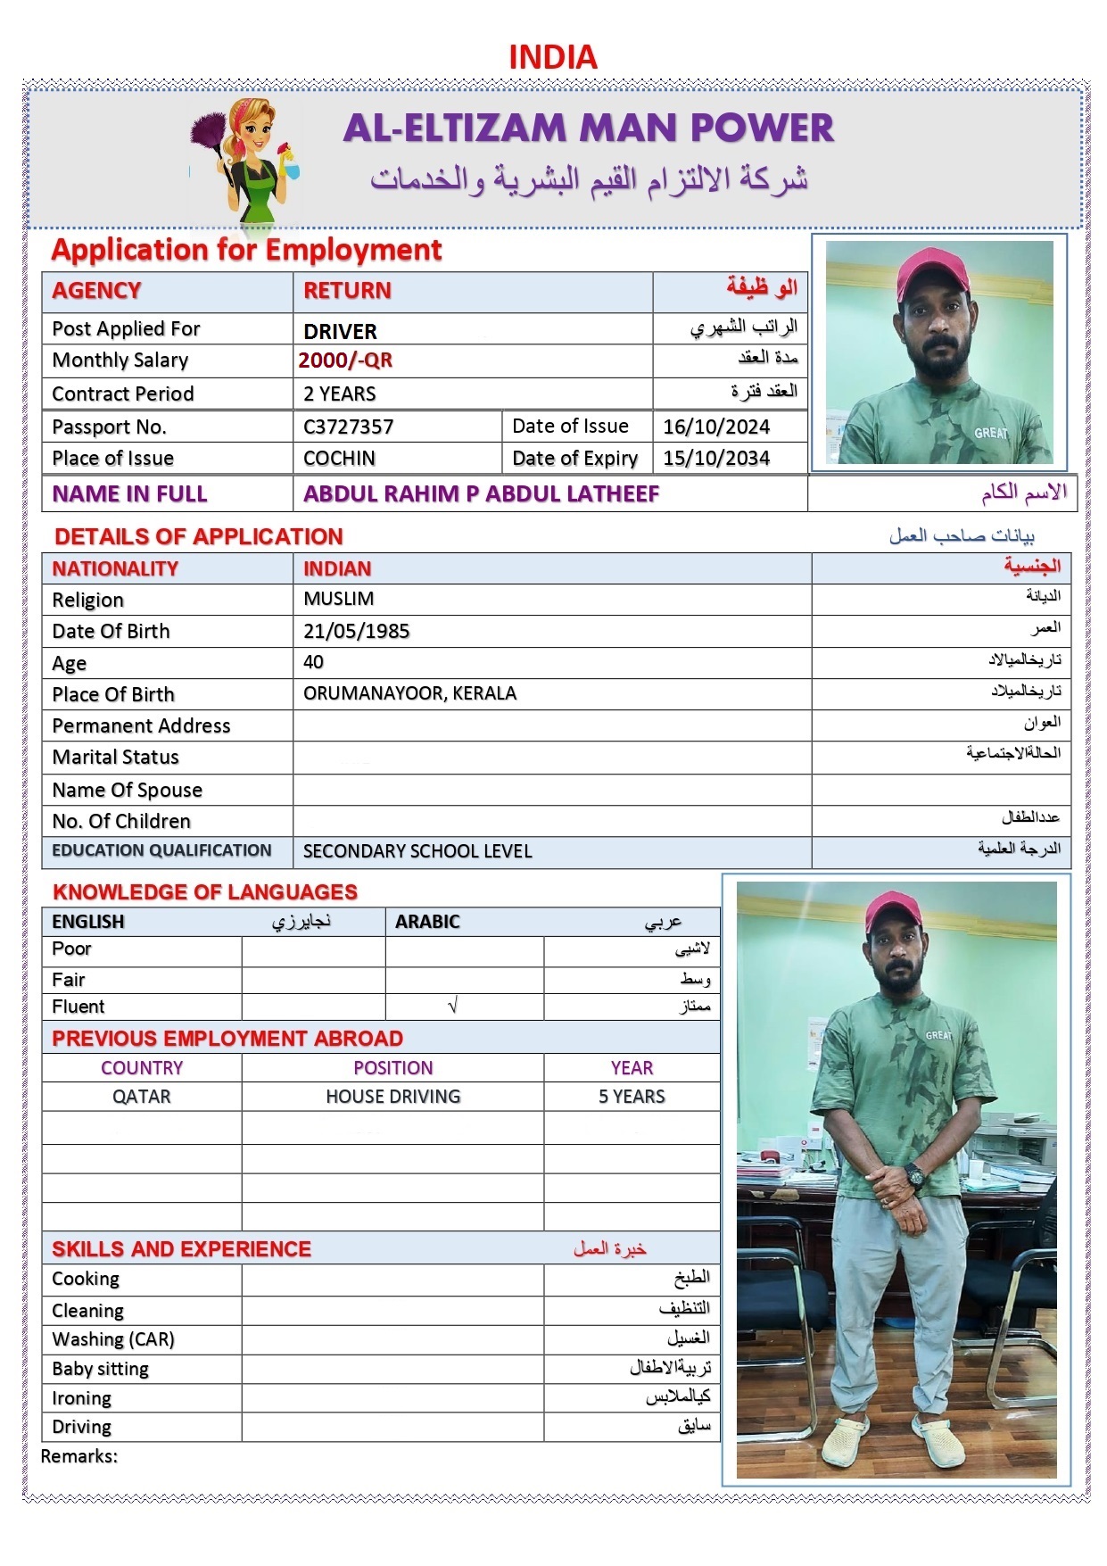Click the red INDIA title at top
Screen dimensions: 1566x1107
coord(552,57)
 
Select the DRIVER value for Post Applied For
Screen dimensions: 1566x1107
coord(340,331)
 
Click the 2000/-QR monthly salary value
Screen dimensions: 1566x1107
coord(345,360)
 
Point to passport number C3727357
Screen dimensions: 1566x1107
coord(348,427)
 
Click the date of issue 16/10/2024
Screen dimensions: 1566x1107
coord(716,427)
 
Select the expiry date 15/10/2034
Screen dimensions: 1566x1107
coord(716,459)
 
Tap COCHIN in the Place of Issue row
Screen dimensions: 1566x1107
coord(339,459)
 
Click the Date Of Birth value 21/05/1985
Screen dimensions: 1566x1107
coord(356,632)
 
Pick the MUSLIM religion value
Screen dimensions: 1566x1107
coord(338,599)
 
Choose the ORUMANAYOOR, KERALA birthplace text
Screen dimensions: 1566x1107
coord(409,693)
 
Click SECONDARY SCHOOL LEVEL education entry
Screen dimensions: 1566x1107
coord(417,851)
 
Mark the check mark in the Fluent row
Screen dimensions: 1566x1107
coord(452,1007)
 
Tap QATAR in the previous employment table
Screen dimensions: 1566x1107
coord(141,1097)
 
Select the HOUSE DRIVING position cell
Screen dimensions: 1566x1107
coord(392,1097)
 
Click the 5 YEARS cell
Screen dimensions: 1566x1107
coord(632,1097)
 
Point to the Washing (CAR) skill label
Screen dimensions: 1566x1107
coord(113,1339)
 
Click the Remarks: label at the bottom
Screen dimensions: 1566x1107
coord(79,1456)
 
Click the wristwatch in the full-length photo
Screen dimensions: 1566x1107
coord(914,1174)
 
